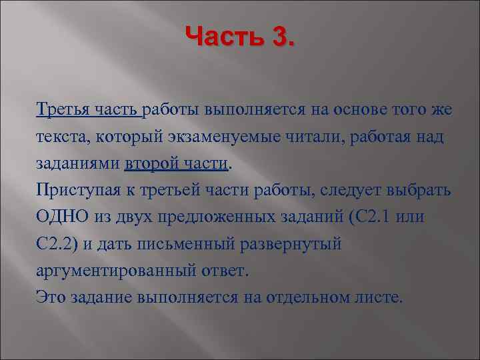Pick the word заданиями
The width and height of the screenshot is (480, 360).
(78, 164)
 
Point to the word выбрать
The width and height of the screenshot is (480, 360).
(421, 191)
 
